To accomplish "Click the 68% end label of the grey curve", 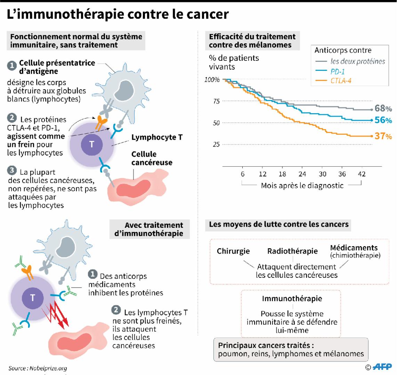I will pos(383,108).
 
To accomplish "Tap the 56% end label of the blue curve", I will pos(383,120).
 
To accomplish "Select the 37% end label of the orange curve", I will pos(383,136).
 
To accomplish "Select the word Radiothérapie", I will pos(292,251).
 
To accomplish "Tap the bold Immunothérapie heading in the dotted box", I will pos(292,299).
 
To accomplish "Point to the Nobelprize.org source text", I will pos(38,368).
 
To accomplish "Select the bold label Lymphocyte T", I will pos(157,137).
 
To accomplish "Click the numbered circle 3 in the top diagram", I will pos(12,171).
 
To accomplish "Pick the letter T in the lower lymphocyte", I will pos(32,297).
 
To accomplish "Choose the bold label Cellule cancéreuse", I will pos(152,158).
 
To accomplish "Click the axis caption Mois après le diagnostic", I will pos(302,185).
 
